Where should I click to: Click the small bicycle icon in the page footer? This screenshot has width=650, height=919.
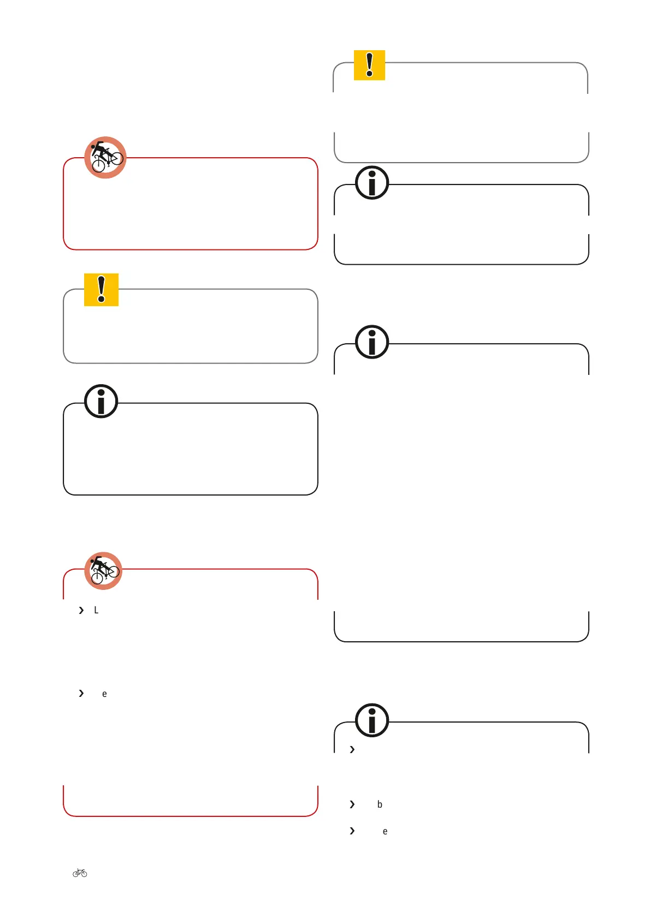pyautogui.click(x=80, y=873)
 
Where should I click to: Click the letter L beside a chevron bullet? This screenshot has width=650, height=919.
pyautogui.click(x=96, y=610)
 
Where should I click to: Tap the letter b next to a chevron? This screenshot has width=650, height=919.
pyautogui.click(x=380, y=804)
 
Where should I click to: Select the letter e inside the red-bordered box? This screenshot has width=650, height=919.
pyautogui.click(x=104, y=694)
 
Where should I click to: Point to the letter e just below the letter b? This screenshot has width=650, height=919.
pyautogui.click(x=385, y=832)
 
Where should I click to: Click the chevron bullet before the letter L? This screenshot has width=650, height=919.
pyautogui.click(x=81, y=610)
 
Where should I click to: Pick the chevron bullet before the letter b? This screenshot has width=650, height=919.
pyautogui.click(x=352, y=804)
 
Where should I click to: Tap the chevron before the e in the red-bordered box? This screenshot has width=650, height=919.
pyautogui.click(x=81, y=694)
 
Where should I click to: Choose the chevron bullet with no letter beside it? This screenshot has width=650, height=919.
pyautogui.click(x=352, y=750)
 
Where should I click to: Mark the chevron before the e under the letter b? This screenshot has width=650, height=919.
pyautogui.click(x=352, y=831)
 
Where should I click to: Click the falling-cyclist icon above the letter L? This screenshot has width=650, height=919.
pyautogui.click(x=103, y=571)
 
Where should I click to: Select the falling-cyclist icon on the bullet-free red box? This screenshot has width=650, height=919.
pyautogui.click(x=105, y=157)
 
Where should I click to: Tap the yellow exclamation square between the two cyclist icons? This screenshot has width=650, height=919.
pyautogui.click(x=101, y=289)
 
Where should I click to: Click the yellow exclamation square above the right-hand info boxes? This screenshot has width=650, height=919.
pyautogui.click(x=369, y=65)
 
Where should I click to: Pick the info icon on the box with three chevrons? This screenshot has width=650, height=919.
pyautogui.click(x=372, y=720)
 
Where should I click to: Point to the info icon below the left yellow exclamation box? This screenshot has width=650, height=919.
pyautogui.click(x=101, y=401)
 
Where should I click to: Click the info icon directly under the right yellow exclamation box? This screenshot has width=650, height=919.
pyautogui.click(x=372, y=182)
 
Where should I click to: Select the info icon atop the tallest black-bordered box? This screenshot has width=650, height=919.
pyautogui.click(x=372, y=342)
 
